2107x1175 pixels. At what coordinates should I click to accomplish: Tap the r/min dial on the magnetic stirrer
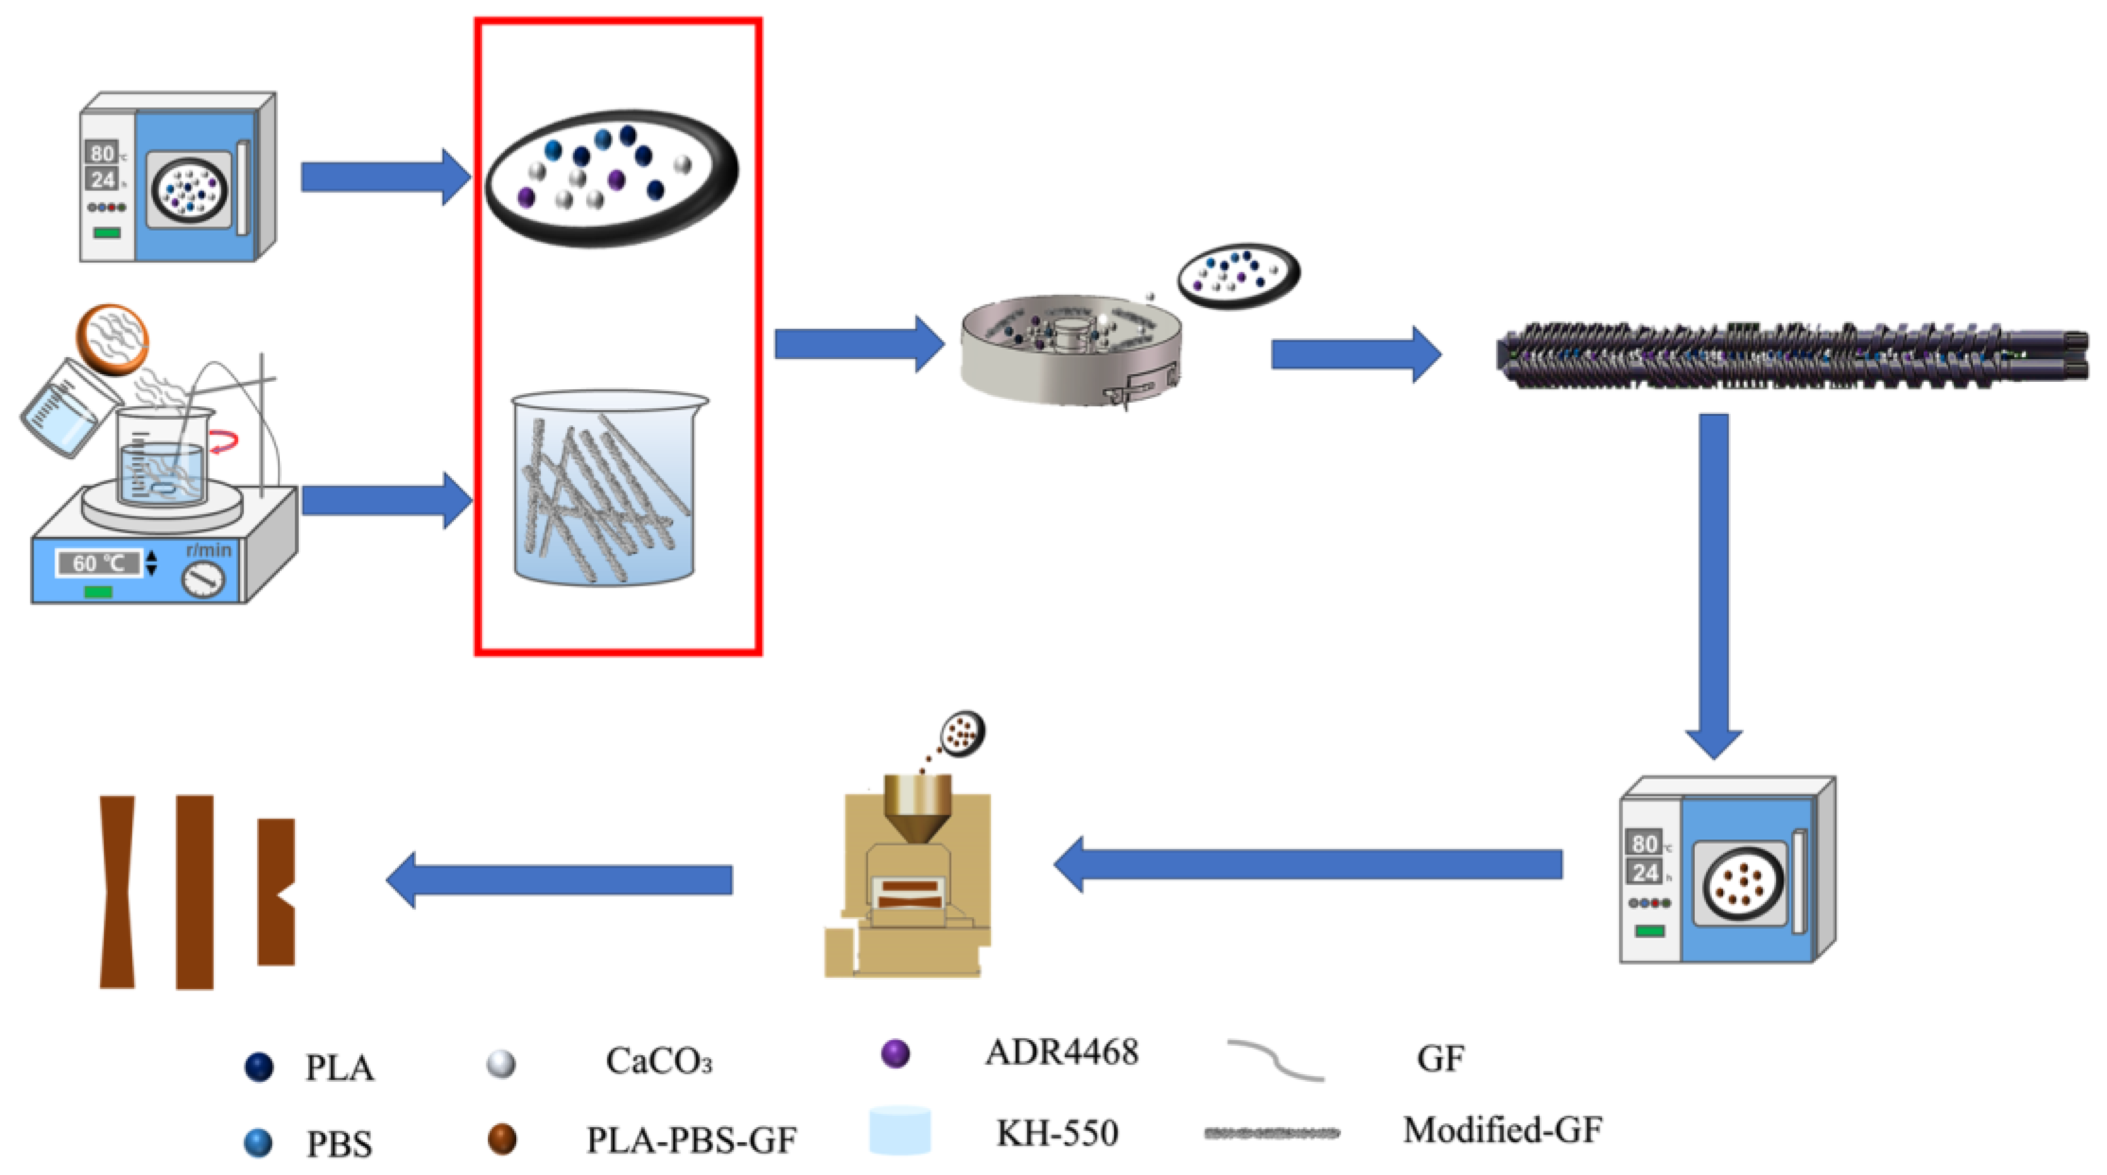tap(202, 580)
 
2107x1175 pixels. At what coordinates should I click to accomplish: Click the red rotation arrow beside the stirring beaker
tap(224, 442)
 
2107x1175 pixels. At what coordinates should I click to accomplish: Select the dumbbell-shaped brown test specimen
tap(117, 892)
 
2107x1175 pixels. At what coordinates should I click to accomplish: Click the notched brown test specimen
tap(275, 892)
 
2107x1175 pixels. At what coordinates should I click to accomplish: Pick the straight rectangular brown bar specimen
tap(195, 892)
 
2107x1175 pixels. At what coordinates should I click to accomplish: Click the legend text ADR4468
tap(1061, 1052)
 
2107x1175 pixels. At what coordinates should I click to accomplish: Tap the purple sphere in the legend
tap(895, 1053)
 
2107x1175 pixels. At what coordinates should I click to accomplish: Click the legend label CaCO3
tap(659, 1062)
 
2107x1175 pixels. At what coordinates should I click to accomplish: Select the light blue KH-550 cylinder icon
tap(900, 1131)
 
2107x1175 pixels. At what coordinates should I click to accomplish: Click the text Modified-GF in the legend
tap(1502, 1130)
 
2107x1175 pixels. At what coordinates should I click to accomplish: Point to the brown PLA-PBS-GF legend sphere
tap(502, 1138)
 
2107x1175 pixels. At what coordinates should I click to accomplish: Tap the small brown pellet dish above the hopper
tap(962, 733)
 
